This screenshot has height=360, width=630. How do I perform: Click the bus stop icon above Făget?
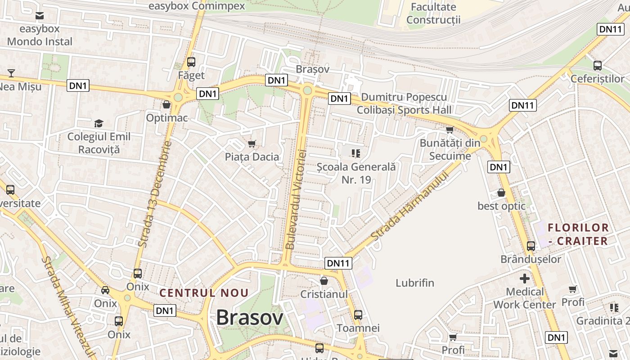191,62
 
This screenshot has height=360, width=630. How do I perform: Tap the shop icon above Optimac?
166,105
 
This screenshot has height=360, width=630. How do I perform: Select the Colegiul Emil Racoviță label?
99,143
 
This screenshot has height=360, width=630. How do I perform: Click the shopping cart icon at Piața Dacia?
252,144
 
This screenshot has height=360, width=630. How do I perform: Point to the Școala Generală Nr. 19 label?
356,173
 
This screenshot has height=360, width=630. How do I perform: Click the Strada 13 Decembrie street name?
155,194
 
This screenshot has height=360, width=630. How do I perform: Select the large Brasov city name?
250,318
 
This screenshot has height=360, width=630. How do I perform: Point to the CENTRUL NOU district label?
204,293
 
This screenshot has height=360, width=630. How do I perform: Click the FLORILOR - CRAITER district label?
578,234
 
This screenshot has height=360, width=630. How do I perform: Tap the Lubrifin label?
415,283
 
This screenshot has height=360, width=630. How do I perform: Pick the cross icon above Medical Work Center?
525,279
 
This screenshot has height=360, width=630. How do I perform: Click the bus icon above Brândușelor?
531,246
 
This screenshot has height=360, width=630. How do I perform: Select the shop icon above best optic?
501,193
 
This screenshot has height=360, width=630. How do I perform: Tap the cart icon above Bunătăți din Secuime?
449,130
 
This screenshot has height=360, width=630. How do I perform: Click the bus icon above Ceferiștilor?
598,65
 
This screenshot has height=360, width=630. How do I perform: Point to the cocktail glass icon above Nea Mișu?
11,73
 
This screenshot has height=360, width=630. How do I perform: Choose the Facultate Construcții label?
433,13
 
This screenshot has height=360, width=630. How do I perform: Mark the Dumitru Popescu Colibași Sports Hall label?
404,103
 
